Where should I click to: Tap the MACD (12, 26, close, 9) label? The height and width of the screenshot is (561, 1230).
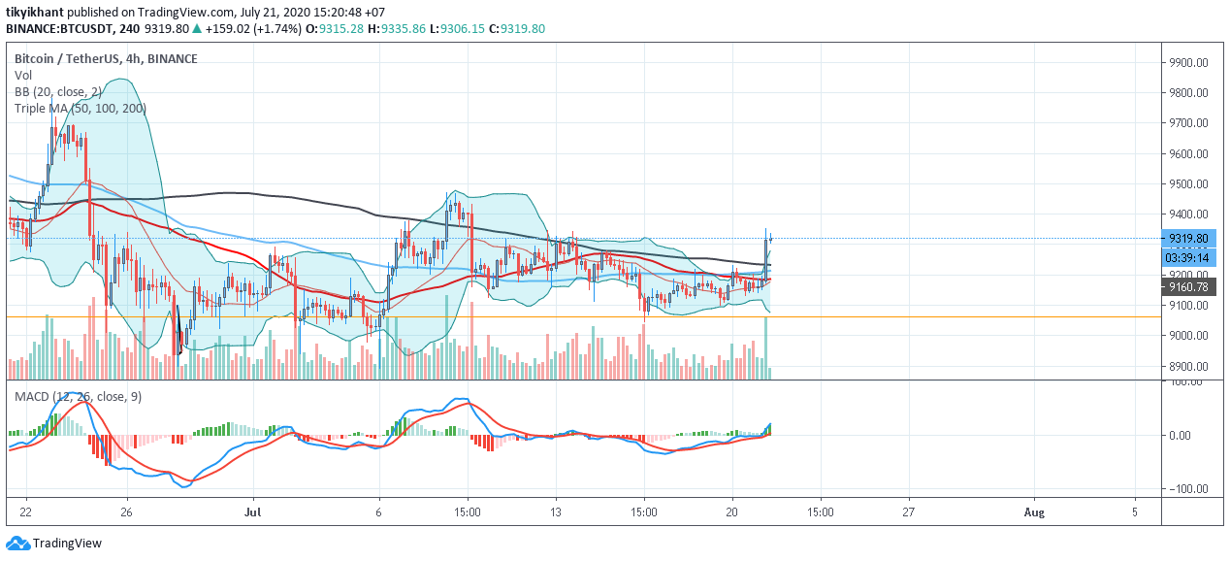(x=78, y=396)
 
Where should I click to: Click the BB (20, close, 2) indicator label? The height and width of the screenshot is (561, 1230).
(x=57, y=92)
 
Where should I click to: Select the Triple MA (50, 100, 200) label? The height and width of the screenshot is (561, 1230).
(x=81, y=109)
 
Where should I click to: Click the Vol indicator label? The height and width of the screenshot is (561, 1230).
(x=23, y=76)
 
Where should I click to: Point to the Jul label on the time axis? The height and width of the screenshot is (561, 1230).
(x=252, y=512)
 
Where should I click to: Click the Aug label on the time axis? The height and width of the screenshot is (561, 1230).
(x=1034, y=512)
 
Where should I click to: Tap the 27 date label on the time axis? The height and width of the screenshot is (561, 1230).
(x=909, y=512)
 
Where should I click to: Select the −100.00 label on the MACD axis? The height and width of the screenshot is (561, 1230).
(x=1186, y=488)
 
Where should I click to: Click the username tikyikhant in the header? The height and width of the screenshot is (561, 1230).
(x=35, y=12)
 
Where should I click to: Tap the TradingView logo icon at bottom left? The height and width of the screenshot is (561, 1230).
(x=17, y=543)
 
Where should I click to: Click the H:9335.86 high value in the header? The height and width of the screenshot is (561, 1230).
(x=397, y=28)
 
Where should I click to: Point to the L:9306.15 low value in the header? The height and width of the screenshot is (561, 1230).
(x=457, y=28)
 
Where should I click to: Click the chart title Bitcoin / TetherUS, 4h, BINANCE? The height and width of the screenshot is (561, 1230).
(x=106, y=59)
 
